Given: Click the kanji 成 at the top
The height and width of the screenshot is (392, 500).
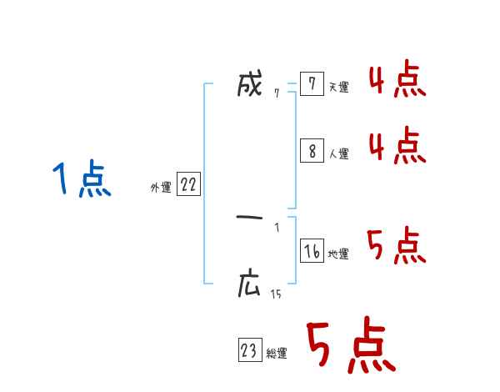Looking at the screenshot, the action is (250, 85).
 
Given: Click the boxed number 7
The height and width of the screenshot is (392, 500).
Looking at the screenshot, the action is (311, 83).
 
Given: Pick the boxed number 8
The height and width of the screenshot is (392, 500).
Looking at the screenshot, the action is (311, 151).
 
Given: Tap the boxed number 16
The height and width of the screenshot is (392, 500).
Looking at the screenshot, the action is (312, 251).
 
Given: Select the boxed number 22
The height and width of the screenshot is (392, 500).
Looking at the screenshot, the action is (188, 185).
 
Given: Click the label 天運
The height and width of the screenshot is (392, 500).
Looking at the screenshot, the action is (339, 87).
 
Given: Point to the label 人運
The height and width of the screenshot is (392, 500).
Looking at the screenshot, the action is (339, 154).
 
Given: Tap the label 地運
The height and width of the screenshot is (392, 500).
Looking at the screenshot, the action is (339, 254).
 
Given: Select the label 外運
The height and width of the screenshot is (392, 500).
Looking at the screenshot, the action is (160, 188).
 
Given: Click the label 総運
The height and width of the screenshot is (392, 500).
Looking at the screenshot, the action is (277, 354).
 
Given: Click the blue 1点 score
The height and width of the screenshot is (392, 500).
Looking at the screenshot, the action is (81, 180).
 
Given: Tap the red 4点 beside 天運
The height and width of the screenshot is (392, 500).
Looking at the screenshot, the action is (397, 81).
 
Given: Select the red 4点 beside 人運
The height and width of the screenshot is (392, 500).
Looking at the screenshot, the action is (397, 147).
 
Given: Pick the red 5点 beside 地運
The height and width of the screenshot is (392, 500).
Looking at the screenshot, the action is (397, 246).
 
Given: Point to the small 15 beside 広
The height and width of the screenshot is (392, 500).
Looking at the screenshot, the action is (276, 294).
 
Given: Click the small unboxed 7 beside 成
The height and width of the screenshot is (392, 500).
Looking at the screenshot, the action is (277, 93).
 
